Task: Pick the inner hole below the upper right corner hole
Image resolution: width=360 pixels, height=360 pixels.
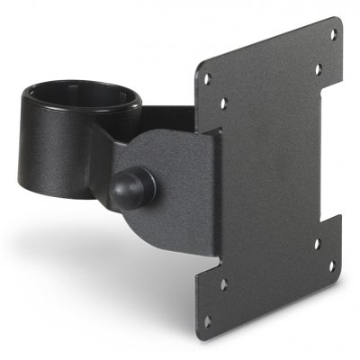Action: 317,68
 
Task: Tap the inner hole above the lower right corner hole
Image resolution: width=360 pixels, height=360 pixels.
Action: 317,243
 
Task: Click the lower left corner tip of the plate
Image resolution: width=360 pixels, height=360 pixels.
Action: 200,335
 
